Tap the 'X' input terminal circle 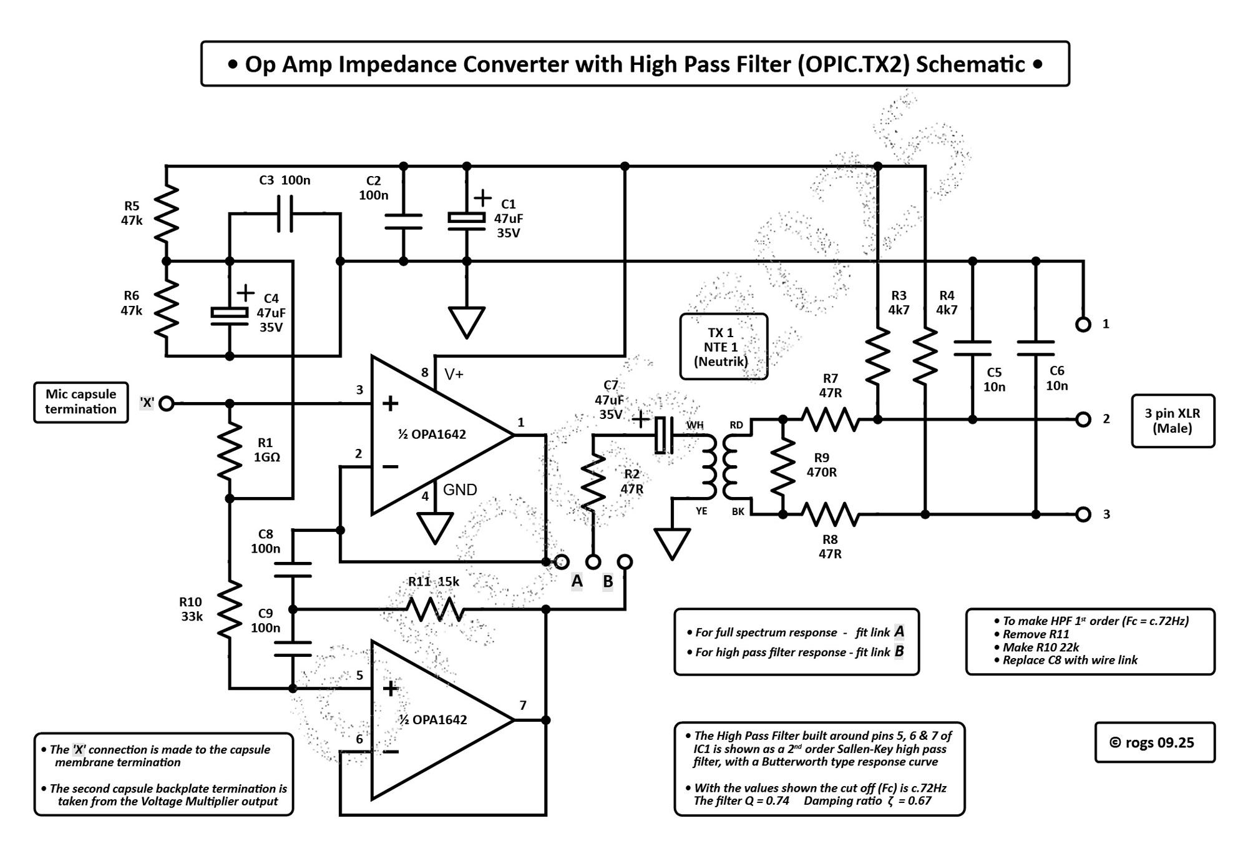click(x=167, y=404)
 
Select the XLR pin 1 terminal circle click(x=1084, y=325)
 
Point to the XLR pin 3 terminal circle click(x=1084, y=514)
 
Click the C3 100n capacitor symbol click(x=285, y=214)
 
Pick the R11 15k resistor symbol click(x=434, y=609)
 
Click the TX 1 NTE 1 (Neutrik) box click(x=723, y=347)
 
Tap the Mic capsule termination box click(x=81, y=402)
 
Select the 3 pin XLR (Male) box click(x=1172, y=421)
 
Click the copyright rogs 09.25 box click(x=1154, y=742)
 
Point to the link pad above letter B click(x=625, y=562)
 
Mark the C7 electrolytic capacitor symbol click(x=663, y=435)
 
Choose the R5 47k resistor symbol click(x=167, y=214)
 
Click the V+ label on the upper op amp click(x=454, y=375)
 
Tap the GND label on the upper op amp click(x=460, y=490)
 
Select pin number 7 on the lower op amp click(x=523, y=706)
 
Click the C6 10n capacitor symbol click(x=1036, y=348)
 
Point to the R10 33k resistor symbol click(x=230, y=609)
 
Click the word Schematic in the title click(x=970, y=64)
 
